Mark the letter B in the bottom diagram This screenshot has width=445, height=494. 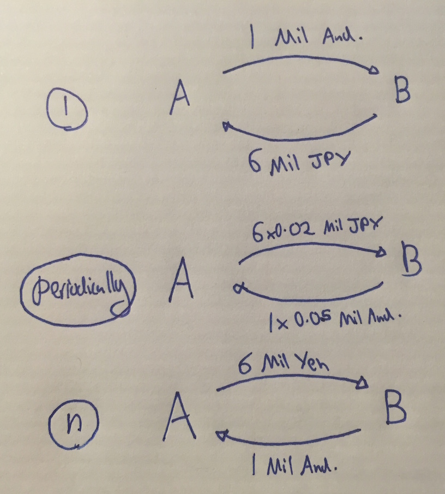tap(395, 409)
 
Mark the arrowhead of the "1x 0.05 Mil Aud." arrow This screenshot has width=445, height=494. tap(237, 289)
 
